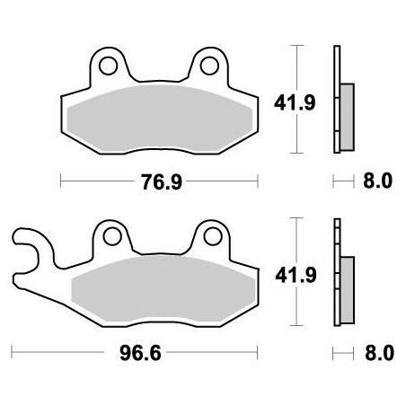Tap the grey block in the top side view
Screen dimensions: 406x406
point(347,111)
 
